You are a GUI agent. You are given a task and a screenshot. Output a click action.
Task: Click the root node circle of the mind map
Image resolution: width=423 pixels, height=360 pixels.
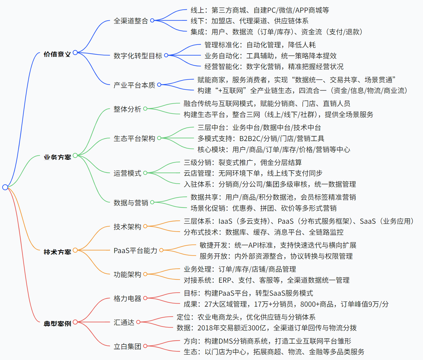point(5,187)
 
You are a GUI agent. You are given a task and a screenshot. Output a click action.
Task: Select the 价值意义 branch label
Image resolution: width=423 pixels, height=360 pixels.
point(57,54)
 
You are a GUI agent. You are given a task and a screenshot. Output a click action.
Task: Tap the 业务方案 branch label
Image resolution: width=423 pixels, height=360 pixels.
point(57,157)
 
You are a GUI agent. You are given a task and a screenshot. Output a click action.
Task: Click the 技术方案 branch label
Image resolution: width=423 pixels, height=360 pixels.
point(57,252)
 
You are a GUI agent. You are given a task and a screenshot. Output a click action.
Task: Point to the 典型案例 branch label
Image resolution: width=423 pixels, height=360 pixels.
point(57,323)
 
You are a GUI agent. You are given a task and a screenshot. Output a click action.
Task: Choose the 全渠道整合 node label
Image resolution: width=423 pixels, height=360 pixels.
point(130,21)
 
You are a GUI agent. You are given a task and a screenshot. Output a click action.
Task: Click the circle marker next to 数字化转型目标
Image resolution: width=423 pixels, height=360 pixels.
point(166,55)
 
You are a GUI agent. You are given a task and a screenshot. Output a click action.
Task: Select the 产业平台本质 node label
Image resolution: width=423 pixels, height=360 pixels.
point(134,85)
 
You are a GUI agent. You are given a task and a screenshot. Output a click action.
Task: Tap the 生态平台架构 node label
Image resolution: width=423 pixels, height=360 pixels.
point(134,139)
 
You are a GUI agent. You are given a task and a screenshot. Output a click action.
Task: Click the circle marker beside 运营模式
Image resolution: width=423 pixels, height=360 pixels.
point(145,173)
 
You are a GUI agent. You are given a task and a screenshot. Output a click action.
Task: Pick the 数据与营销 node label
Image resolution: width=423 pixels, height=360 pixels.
point(131,203)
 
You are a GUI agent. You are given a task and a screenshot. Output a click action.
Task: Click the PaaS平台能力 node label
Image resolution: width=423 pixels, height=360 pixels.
point(135,251)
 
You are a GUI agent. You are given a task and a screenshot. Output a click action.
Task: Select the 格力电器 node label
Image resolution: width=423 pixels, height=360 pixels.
point(127,298)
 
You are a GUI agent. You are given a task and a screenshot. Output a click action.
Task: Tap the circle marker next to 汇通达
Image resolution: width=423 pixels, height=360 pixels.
point(138,322)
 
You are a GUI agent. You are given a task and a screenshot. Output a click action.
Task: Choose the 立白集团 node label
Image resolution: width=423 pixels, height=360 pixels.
point(127,346)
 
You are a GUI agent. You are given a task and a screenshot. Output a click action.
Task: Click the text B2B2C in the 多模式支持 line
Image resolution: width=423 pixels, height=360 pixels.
point(250,139)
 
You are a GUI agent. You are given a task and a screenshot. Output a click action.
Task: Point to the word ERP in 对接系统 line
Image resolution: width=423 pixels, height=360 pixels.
point(225,280)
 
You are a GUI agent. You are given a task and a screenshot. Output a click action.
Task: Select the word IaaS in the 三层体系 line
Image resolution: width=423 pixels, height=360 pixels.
point(225,221)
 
